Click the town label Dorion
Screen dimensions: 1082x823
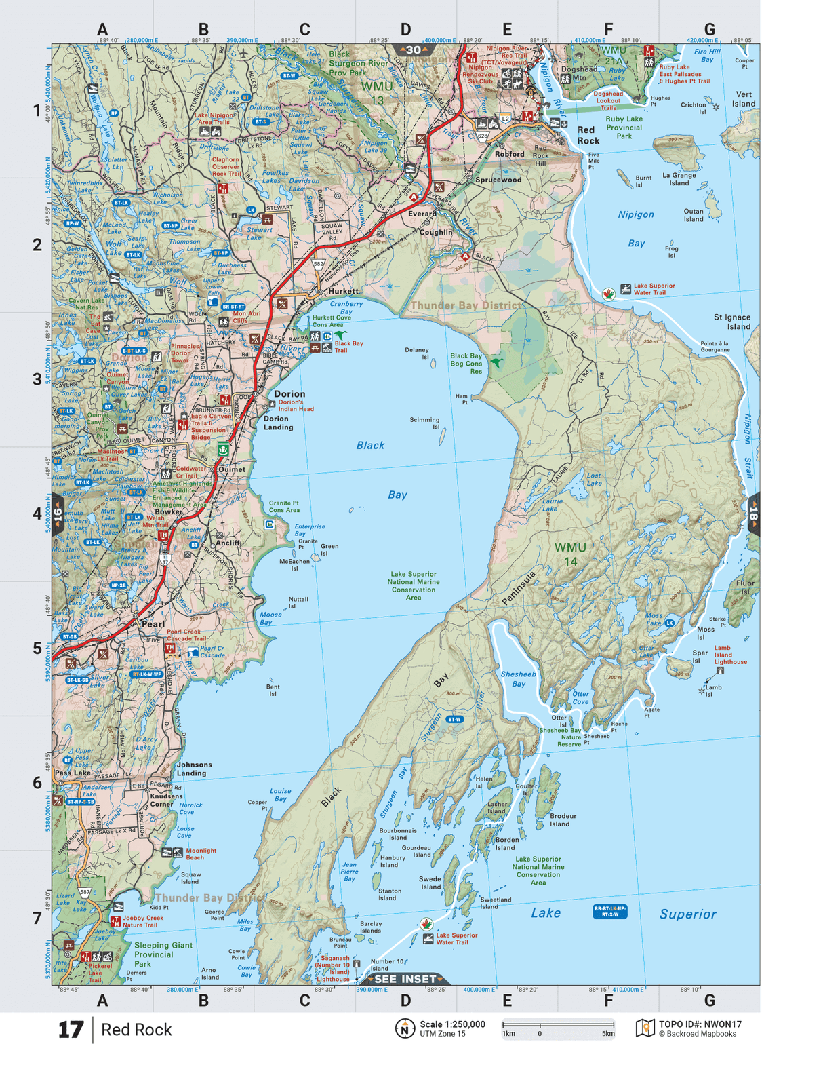click(x=289, y=393)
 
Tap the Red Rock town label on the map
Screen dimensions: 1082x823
click(x=588, y=135)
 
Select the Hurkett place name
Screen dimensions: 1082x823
click(x=343, y=291)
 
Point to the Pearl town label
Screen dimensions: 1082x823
click(x=153, y=624)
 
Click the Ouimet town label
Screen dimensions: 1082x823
click(x=232, y=469)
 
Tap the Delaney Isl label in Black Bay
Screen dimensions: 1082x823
click(x=417, y=353)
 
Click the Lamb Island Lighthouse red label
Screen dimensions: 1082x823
click(x=730, y=655)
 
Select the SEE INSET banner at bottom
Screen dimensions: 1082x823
click(x=405, y=979)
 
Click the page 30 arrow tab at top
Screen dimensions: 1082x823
click(x=414, y=50)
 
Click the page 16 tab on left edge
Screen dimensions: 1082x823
click(x=58, y=514)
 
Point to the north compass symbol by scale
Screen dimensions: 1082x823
click(x=405, y=1028)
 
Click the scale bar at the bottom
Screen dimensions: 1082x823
click(x=558, y=1025)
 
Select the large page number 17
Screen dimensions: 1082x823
click(x=71, y=1030)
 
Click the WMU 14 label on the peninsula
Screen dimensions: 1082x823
click(x=570, y=554)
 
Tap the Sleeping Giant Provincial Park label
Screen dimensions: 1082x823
click(x=163, y=954)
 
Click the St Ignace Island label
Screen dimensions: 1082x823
click(x=731, y=322)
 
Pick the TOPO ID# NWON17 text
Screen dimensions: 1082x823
click(x=700, y=1024)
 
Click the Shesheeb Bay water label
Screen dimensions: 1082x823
click(x=518, y=679)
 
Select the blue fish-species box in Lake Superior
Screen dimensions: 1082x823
click(x=609, y=911)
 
